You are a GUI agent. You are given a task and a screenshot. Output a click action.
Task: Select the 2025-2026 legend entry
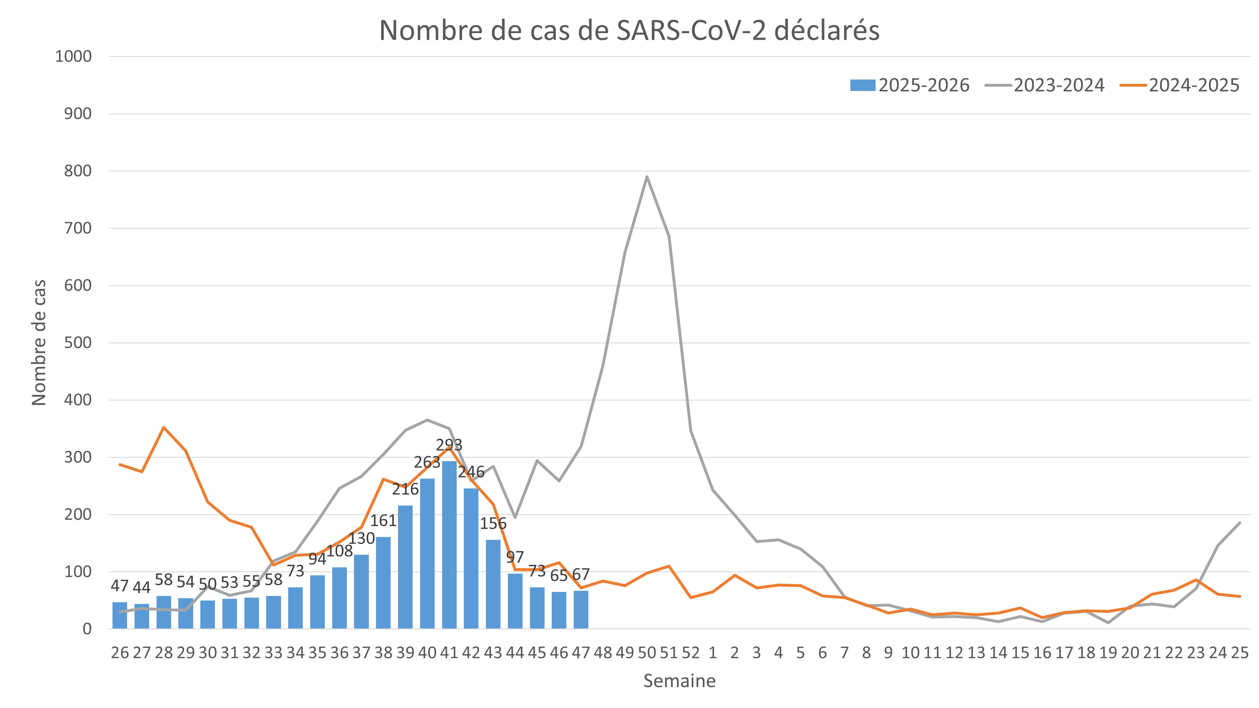(x=910, y=86)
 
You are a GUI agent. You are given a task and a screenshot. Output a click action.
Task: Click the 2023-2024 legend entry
(x=1045, y=86)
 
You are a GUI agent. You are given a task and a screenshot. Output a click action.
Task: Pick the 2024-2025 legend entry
(x=1180, y=86)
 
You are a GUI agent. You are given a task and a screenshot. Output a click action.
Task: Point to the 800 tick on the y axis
(x=78, y=171)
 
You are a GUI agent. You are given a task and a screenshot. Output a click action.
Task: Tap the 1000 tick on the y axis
(x=73, y=57)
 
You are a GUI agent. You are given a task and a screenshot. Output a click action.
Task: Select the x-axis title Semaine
(x=679, y=681)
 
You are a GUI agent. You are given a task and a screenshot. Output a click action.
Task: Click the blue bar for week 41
(x=449, y=545)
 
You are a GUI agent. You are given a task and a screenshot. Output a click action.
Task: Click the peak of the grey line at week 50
(x=647, y=177)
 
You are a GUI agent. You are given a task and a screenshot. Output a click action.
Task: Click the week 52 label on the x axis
(x=691, y=653)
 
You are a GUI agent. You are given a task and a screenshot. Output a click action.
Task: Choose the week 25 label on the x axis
(x=1240, y=653)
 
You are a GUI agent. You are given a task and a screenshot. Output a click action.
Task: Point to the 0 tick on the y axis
(x=87, y=629)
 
